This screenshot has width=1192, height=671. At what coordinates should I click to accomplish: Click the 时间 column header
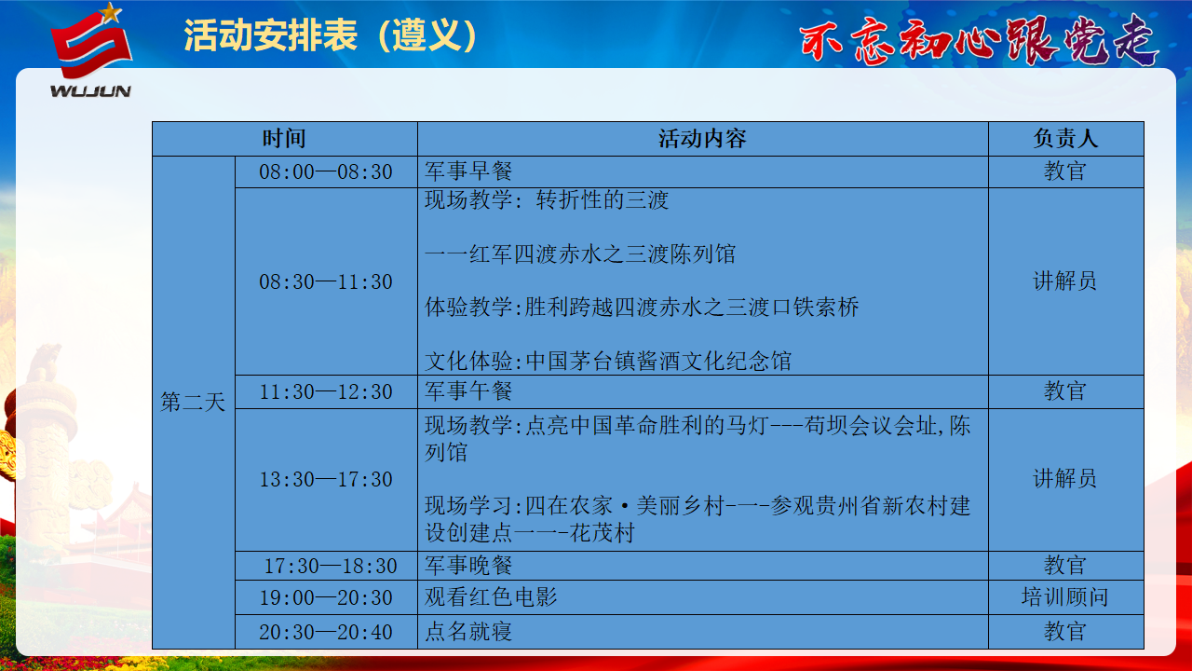pos(284,139)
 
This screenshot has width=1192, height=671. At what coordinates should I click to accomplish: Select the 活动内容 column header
pos(702,139)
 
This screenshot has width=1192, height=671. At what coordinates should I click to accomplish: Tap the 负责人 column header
pos(1066,139)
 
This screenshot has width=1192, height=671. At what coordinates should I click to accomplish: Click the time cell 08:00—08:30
pos(326,172)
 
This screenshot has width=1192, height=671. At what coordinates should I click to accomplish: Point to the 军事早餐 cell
pos(468,171)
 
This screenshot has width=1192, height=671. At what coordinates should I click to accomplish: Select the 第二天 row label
pos(193,402)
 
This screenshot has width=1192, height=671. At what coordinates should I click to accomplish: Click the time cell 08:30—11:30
pos(326,281)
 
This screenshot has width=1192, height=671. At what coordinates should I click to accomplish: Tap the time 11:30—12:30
pos(326,392)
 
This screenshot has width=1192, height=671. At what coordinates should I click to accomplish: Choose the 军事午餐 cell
pos(468,390)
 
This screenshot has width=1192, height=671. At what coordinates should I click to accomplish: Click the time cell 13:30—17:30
pos(326,479)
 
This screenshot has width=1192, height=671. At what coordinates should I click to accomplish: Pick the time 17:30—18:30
pos(331,566)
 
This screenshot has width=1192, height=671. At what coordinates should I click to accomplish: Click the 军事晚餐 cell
pos(468,565)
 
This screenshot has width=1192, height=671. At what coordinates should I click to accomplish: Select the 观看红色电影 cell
pos(491,597)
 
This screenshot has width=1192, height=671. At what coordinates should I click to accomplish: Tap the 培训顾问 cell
pos(1064,597)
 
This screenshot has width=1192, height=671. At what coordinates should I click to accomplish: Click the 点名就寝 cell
pos(468,632)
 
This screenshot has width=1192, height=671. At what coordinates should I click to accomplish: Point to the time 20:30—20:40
pos(326,632)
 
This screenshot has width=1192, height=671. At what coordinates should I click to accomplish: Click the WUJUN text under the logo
pos(90,91)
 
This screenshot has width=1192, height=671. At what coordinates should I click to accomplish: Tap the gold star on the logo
pos(110,12)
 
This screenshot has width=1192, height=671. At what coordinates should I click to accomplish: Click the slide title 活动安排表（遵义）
pos(331,35)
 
